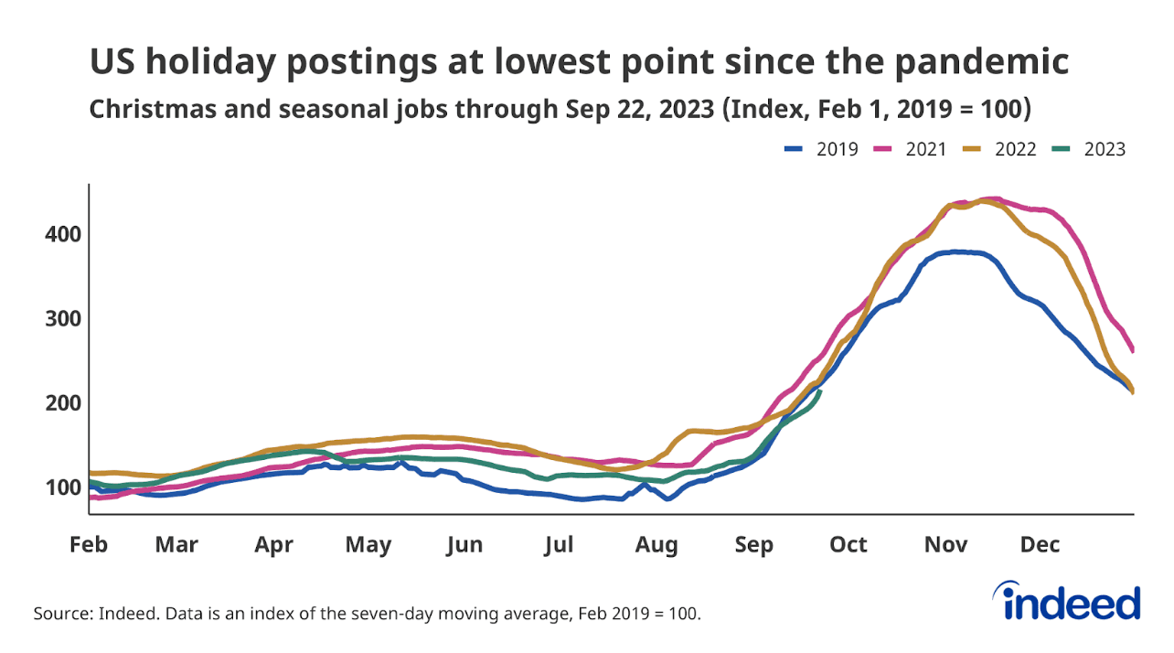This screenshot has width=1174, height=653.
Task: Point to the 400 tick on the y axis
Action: [63, 234]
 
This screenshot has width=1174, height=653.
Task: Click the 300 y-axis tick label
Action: [63, 318]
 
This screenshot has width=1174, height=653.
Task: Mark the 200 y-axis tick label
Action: [63, 402]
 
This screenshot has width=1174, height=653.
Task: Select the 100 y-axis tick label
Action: [63, 487]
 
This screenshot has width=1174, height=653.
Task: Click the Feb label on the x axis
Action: [89, 545]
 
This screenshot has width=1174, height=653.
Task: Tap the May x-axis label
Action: [368, 545]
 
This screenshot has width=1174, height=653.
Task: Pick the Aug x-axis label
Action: [656, 545]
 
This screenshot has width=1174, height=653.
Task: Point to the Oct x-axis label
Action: [848, 545]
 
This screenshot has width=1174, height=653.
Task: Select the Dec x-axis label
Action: [1040, 545]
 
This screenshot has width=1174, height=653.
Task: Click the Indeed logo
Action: [1071, 603]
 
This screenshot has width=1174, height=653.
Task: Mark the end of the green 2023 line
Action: [820, 391]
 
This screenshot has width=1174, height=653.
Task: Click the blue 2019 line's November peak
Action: [955, 252]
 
